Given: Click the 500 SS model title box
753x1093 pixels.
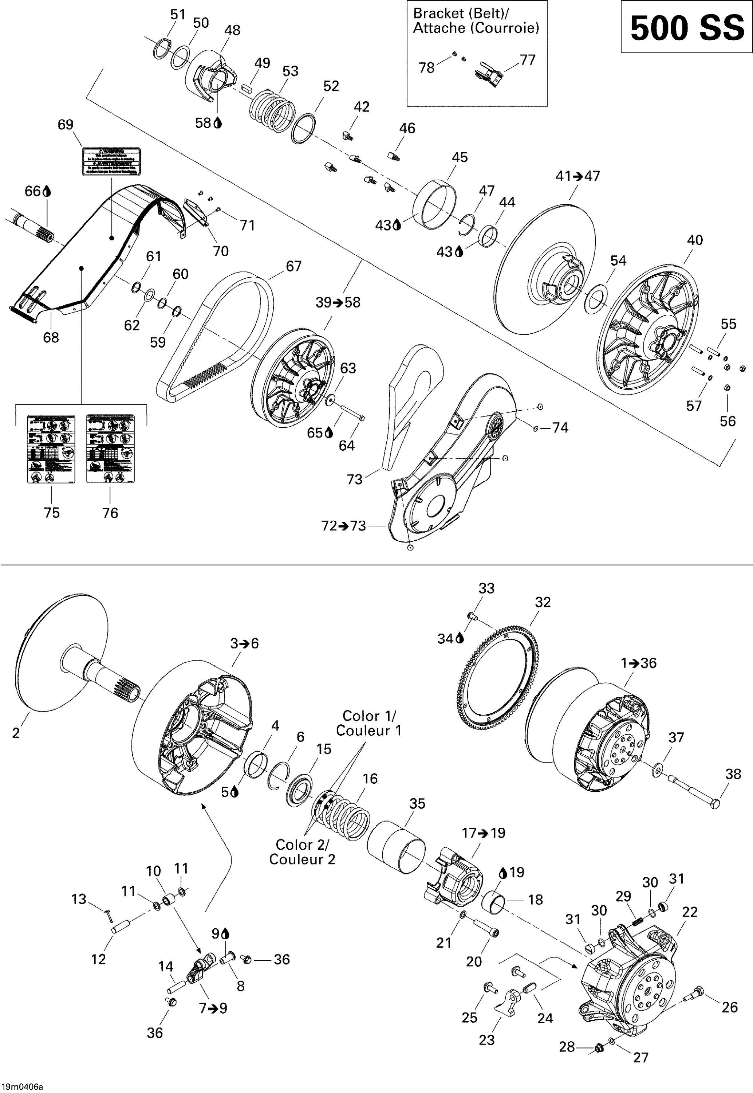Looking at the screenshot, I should click(686, 27).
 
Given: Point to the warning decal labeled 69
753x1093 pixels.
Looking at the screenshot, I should click(111, 161).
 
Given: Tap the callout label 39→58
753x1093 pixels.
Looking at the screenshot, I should click(338, 302).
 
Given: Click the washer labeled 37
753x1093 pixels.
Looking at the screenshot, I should click(657, 772).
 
